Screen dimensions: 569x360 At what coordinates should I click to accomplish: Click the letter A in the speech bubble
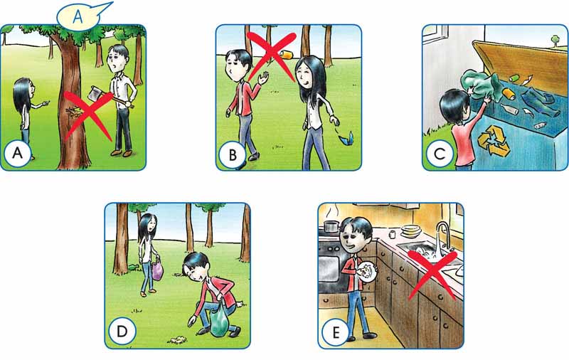pos(78,17)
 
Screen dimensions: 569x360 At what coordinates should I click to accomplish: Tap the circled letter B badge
pos(233,155)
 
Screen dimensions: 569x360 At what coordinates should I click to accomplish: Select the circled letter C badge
pos(439,154)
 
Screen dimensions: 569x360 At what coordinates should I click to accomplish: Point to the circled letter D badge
pos(122,332)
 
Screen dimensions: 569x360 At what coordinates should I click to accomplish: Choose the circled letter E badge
pos(335,332)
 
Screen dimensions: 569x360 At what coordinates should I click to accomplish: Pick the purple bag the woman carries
pos(157,270)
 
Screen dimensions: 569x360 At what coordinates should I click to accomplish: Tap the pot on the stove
pos(331,226)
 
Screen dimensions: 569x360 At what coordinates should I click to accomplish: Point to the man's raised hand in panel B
pos(263,78)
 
